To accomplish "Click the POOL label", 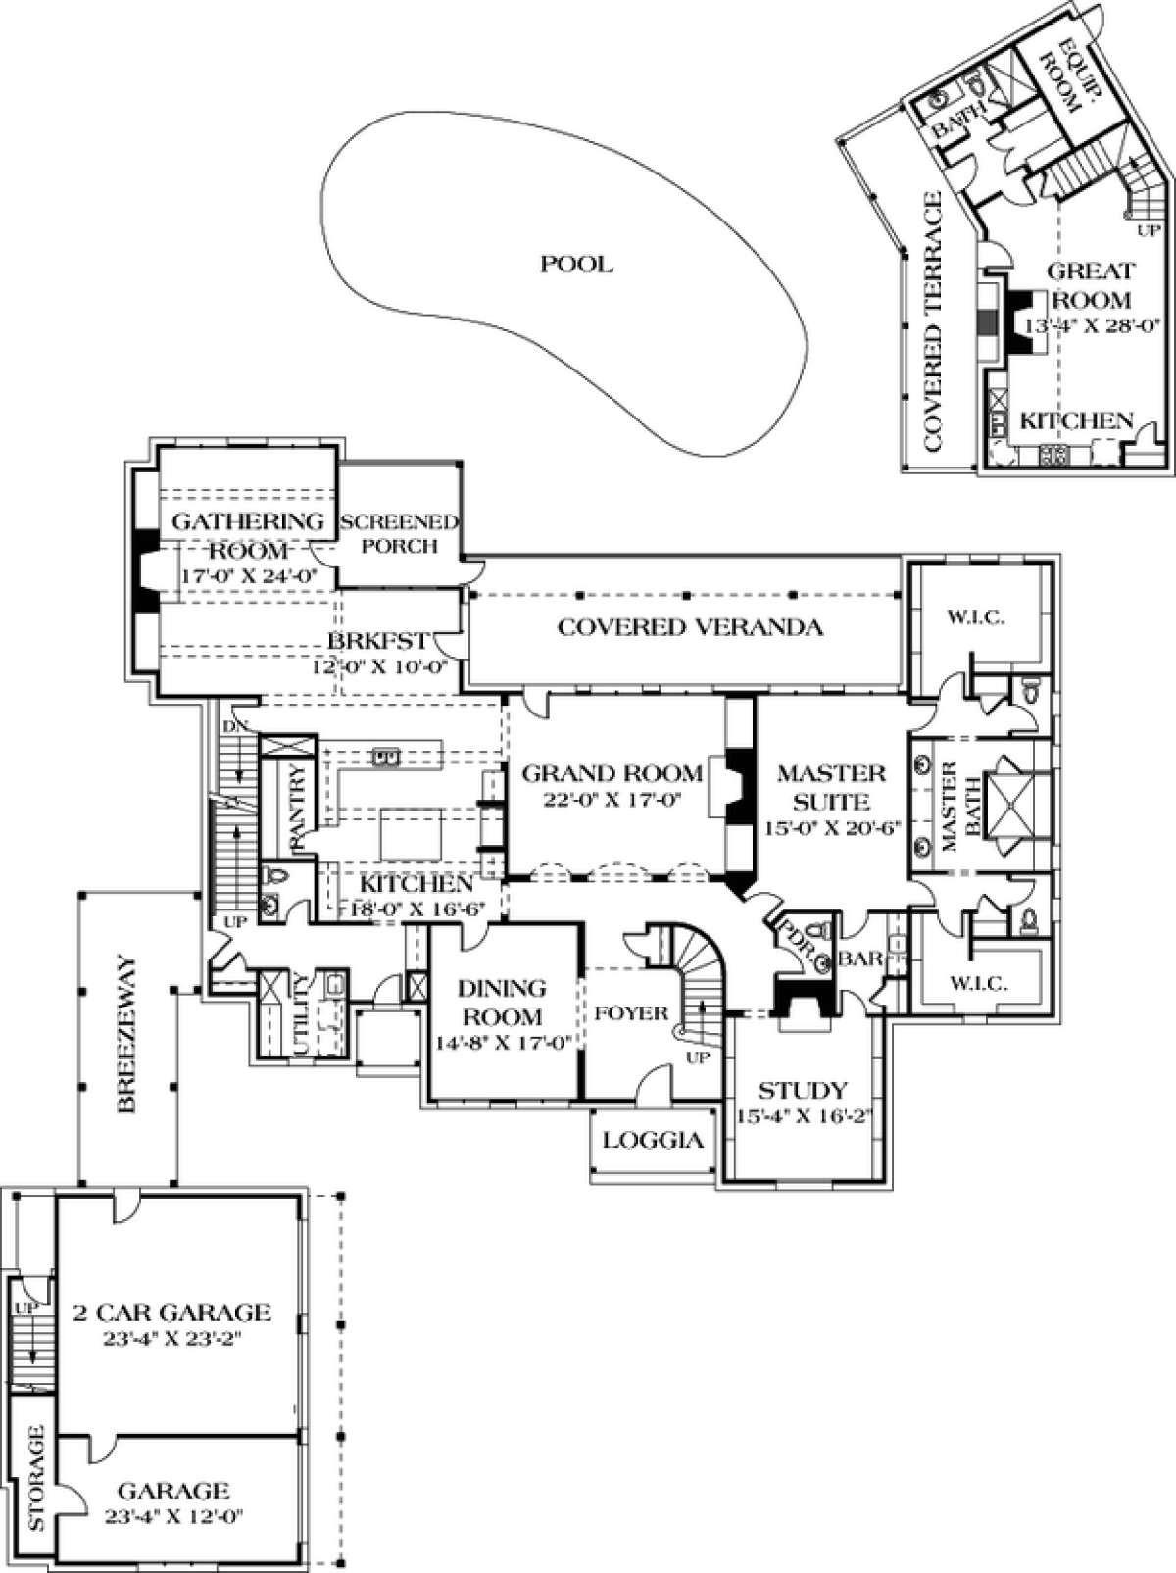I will tap(576, 264).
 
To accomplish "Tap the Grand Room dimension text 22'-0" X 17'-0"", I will tap(612, 800).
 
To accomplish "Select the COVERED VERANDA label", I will tap(689, 627).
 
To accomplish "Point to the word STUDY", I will tap(803, 1090).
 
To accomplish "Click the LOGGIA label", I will tap(653, 1140).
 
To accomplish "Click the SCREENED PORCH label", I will tap(400, 533).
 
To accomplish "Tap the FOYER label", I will tap(631, 1013).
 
